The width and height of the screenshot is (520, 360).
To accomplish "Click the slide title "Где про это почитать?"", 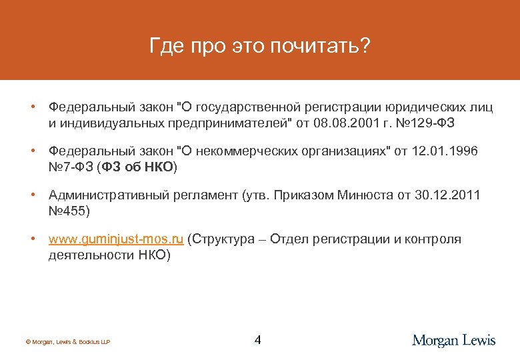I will (259, 46).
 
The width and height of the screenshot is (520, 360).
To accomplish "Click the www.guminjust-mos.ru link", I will (117, 239).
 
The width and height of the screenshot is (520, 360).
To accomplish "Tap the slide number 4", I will (258, 340).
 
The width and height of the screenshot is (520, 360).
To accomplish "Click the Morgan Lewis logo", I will (454, 340).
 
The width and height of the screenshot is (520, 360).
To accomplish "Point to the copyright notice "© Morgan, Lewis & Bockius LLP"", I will (67, 342).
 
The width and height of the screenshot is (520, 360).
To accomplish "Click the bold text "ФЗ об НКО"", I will (138, 167).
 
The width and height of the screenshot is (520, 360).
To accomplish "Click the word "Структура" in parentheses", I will (224, 239).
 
